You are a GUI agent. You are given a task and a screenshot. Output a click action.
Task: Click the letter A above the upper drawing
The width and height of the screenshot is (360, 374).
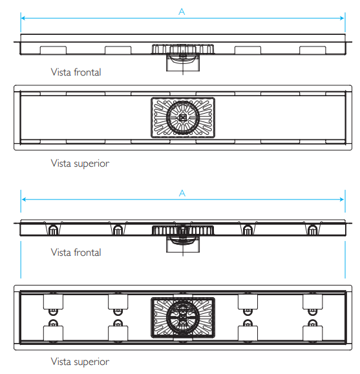coord(182,12)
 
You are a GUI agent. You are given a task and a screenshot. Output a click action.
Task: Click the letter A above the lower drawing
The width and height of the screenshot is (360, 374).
coord(182,193)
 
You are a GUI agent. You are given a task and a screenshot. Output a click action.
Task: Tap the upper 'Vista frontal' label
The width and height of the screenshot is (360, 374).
coord(76,72)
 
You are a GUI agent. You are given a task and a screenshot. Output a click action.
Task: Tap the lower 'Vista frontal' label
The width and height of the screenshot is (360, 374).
coord(76,252)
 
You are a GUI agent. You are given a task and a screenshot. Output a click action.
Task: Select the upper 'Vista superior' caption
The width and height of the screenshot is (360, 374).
coord(80,164)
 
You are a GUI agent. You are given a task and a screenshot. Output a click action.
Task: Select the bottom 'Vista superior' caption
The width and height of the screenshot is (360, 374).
coord(80,362)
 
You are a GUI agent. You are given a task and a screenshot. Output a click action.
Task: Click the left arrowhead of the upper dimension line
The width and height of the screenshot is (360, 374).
coord(23,18)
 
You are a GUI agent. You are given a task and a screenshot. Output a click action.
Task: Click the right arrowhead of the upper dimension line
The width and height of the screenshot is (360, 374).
coord(343,18)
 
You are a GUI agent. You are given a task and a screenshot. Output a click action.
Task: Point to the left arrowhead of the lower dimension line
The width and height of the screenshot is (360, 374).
coord(23,199)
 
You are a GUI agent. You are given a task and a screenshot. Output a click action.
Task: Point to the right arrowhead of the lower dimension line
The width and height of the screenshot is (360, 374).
coord(343,199)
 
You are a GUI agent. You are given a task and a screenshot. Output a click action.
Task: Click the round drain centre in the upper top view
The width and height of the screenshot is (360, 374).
coord(183,118)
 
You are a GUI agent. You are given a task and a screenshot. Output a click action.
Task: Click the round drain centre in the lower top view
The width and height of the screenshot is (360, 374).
coord(183,317)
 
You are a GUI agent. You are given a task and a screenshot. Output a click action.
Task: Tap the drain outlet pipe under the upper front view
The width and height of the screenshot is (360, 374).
coord(183,63)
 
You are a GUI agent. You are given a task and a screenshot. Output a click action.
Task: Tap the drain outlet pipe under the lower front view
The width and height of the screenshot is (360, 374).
coord(183,244)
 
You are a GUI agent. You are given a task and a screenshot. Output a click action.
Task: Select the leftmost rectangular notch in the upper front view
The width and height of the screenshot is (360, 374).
coord(53,50)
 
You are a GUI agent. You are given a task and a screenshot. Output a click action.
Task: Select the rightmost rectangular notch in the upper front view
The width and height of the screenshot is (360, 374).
coord(312,50)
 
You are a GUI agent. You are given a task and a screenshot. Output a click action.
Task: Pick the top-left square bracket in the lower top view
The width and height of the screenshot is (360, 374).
coord(53,302)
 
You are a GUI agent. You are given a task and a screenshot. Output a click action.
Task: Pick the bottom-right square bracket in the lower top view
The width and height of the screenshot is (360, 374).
coord(312,333)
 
